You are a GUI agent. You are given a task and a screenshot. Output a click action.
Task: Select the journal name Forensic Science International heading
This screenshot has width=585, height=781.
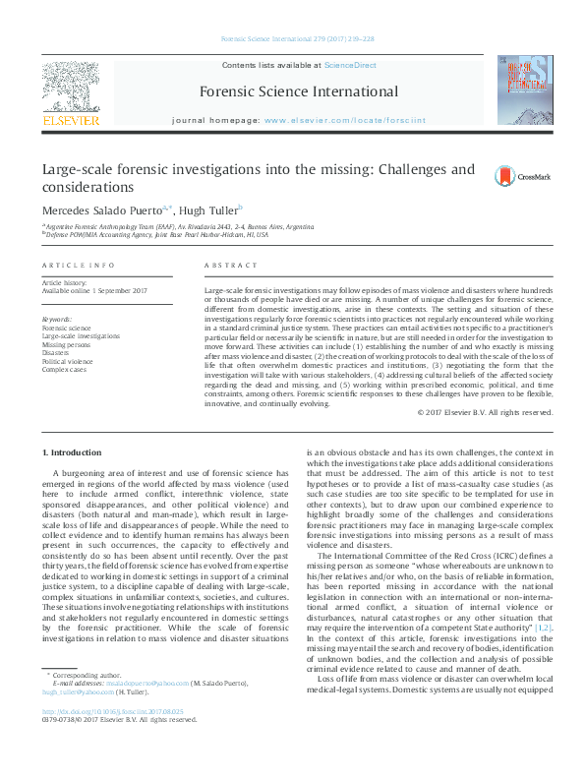point(299,92)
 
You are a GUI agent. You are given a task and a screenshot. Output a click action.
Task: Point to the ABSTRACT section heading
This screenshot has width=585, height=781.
point(223,267)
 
